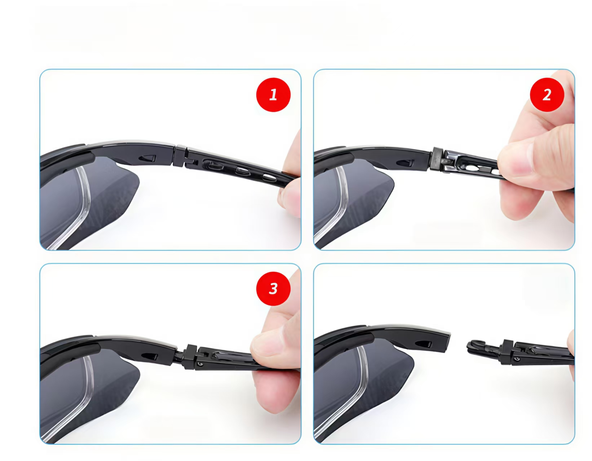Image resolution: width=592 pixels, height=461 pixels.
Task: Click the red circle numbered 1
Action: (273, 95)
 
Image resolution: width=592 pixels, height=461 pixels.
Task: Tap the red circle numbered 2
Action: (547, 95)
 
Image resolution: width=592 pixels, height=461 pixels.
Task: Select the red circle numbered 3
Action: (273, 289)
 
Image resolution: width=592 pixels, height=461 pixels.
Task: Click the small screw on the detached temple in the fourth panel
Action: (517, 359)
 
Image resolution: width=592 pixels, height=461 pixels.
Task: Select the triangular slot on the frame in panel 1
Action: (147, 158)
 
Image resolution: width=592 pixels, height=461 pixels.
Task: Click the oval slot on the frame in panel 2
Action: (405, 163)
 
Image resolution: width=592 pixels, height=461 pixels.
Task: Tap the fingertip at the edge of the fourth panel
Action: (571, 354)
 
